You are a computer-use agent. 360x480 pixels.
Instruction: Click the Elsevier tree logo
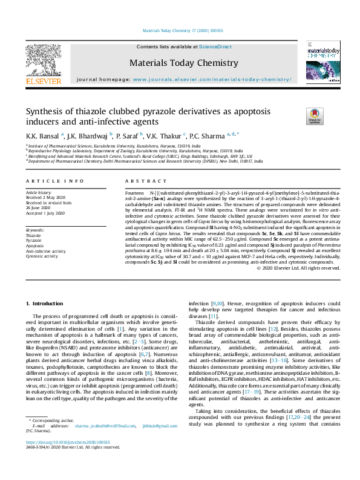point(43,60)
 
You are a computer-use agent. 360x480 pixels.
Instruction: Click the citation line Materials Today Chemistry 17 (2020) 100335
point(182,30)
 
